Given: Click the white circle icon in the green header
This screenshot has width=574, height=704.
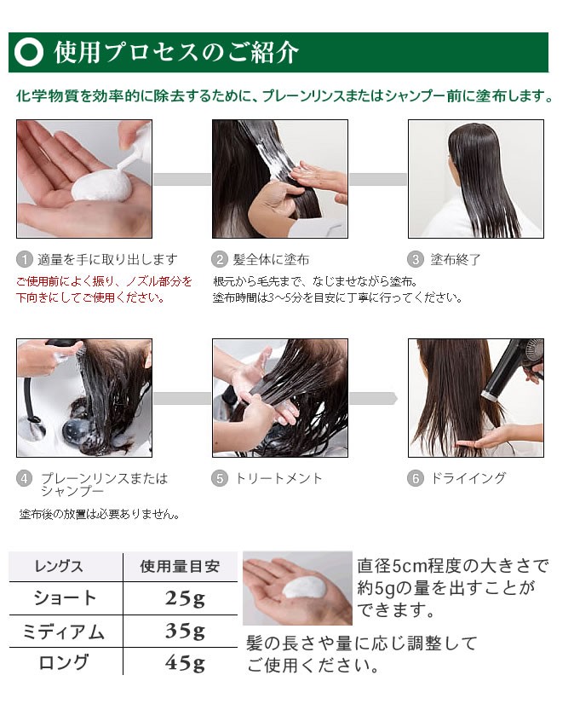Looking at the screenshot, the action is pos(29,52).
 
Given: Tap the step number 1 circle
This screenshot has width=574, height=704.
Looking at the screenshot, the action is pos(24,259).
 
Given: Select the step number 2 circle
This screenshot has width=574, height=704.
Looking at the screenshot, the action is pos(220,259).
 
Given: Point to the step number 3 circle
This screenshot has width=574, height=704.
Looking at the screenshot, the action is pos(416,259).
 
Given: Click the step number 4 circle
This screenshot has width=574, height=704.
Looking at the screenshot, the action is pos(24,479).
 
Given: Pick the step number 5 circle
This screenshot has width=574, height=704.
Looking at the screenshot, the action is pos(220,479).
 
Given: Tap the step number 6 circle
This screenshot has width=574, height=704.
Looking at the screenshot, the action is pos(416,479).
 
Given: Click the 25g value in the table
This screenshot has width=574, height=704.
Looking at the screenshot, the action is pos(185,598).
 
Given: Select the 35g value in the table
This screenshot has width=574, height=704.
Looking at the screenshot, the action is pos(185,632).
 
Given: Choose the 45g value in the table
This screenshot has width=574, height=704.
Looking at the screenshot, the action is pos(185,663).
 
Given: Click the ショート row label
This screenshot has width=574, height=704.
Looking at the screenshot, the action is pos(65,598).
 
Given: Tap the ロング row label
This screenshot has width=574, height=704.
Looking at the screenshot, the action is pos(63,663).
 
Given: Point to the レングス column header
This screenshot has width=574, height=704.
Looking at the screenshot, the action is pos(59,567).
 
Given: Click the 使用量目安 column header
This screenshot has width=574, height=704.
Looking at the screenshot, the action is pos(180,567).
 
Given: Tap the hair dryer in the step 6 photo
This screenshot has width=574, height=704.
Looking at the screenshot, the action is pos(512,369).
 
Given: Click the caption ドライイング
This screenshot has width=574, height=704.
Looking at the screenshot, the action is pos(468,478).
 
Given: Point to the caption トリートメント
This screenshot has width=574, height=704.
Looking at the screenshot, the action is pos(278,478).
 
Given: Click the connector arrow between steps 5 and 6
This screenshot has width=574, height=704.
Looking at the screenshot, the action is pos(373,398).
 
